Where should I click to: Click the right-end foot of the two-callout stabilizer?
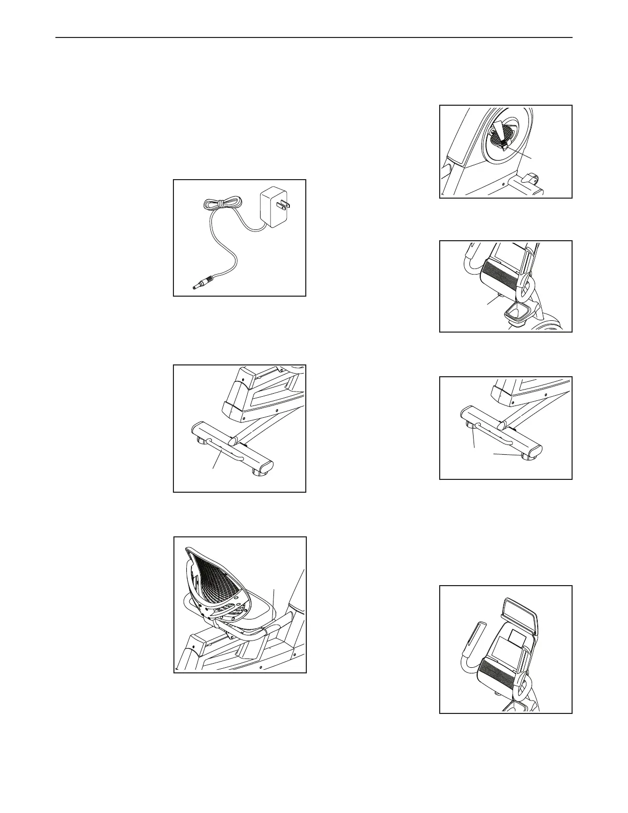(526, 457)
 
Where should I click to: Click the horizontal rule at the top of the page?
(313, 37)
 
